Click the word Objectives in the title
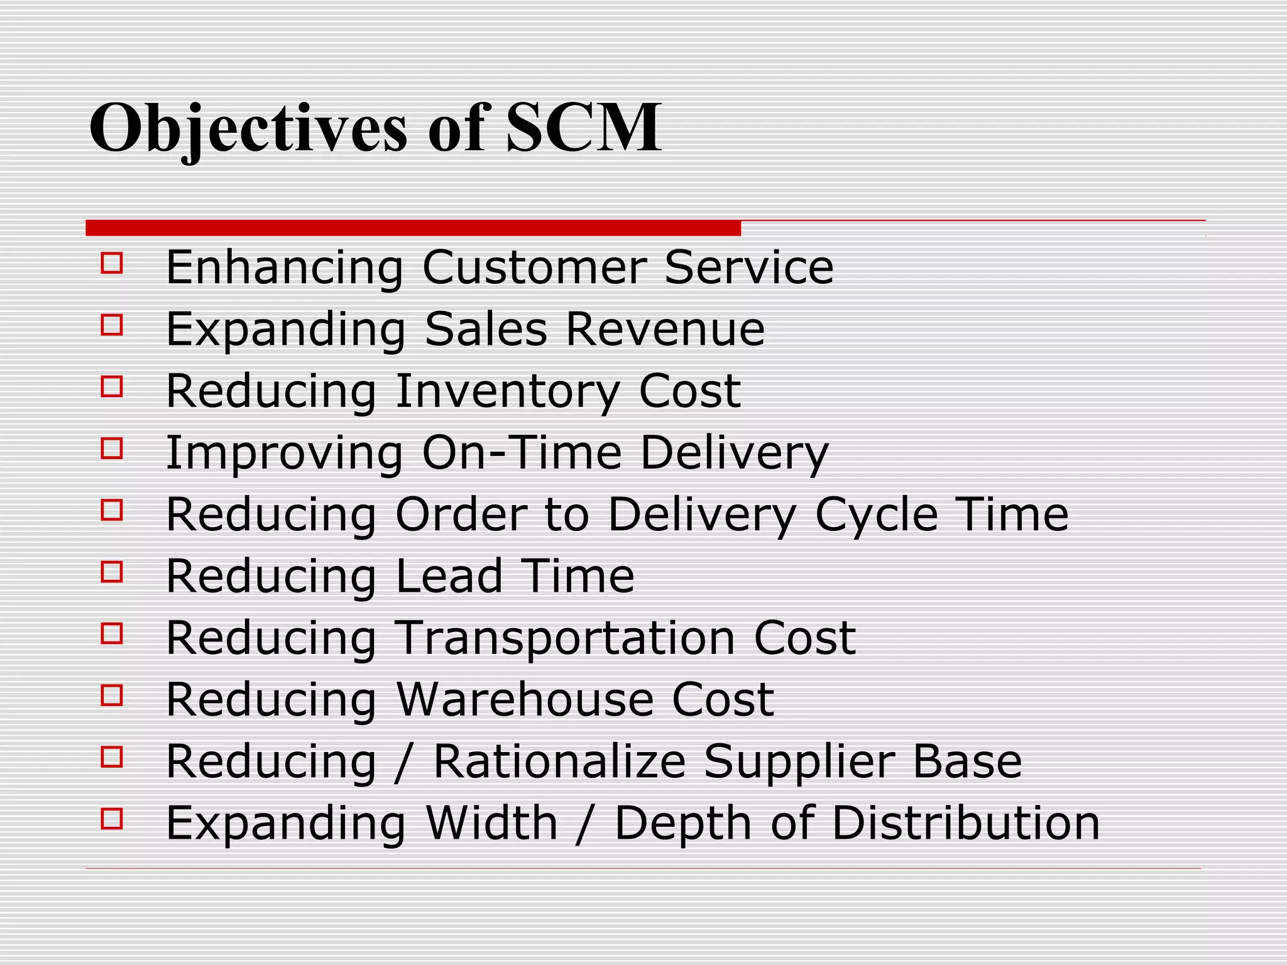tap(248, 129)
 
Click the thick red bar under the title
tap(413, 228)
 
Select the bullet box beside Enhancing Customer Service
tap(111, 263)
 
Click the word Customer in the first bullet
tap(535, 267)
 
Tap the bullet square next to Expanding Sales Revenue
tap(111, 324)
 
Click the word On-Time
tap(522, 452)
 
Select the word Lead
tap(449, 576)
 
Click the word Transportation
tap(566, 638)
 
